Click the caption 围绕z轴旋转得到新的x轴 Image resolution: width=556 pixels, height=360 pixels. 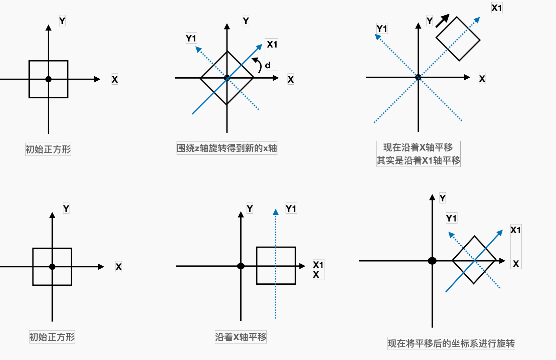[227, 148]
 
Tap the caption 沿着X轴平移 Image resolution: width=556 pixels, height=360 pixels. [241, 337]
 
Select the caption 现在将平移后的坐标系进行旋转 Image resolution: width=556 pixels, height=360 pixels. [451, 343]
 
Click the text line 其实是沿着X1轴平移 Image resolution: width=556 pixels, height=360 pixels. [418, 161]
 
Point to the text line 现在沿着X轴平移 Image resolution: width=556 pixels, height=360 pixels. [418, 148]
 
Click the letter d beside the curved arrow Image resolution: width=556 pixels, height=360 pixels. [268, 65]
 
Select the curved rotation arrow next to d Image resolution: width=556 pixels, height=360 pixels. [258, 65]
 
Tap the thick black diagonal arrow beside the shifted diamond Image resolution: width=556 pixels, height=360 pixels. [442, 21]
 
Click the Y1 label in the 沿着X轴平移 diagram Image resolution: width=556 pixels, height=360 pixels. [291, 209]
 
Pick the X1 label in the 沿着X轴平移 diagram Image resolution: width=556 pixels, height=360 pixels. [318, 265]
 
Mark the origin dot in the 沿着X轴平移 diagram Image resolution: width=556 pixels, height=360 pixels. [241, 266]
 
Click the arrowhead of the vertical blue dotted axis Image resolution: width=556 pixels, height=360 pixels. [276, 212]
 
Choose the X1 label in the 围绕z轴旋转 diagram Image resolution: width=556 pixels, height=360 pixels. [272, 44]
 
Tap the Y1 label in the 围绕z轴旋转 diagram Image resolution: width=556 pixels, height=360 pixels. [191, 38]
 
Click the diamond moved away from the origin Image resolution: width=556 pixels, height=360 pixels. [458, 39]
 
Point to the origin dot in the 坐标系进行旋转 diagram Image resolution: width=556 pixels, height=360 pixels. [432, 261]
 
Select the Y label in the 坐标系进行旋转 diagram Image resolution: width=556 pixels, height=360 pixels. [443, 198]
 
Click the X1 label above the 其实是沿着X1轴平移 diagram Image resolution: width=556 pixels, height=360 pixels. [497, 8]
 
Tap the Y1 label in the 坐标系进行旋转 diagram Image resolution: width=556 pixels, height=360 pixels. [451, 218]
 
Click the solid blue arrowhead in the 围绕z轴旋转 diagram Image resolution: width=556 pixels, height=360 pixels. [259, 47]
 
